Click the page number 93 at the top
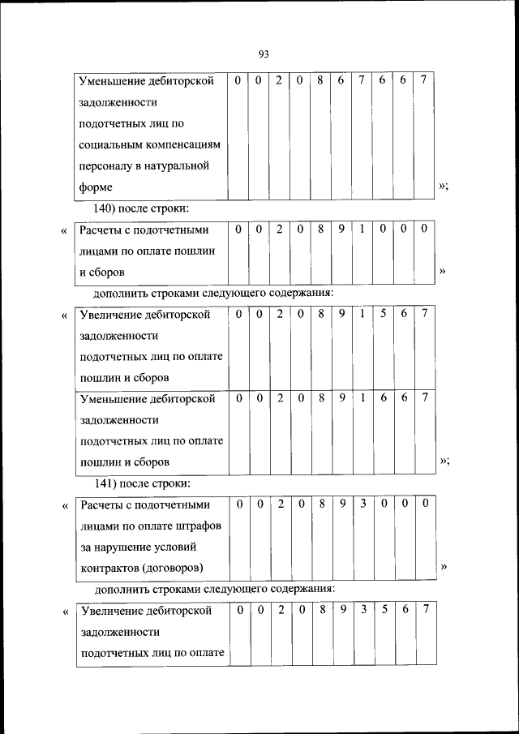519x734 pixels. tap(264, 54)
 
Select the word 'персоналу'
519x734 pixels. tap(107, 165)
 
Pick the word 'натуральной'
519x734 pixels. tap(173, 165)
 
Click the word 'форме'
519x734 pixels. tap(96, 187)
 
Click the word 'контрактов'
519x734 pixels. tap(109, 568)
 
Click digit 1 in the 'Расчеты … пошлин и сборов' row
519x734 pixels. tap(362, 230)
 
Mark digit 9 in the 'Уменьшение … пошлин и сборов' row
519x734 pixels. tap(341, 398)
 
